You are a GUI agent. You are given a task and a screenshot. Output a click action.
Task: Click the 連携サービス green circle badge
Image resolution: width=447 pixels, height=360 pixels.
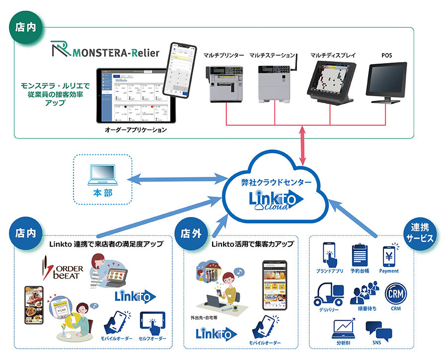coord(422,232)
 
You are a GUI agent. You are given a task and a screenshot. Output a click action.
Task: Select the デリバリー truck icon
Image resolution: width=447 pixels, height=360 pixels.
coord(329,295)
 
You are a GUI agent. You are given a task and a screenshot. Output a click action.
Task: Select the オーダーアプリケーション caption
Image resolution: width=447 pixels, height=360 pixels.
coord(136,130)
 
